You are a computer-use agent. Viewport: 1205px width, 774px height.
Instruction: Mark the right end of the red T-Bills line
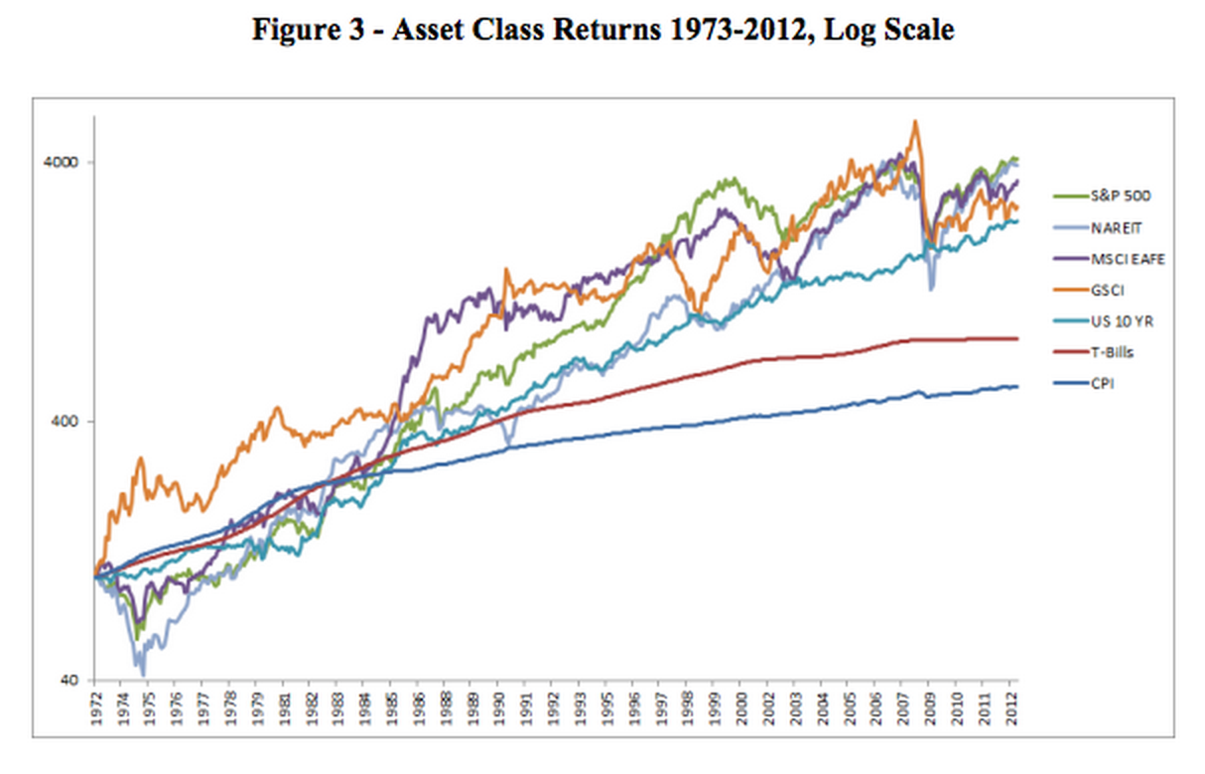point(1018,338)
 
